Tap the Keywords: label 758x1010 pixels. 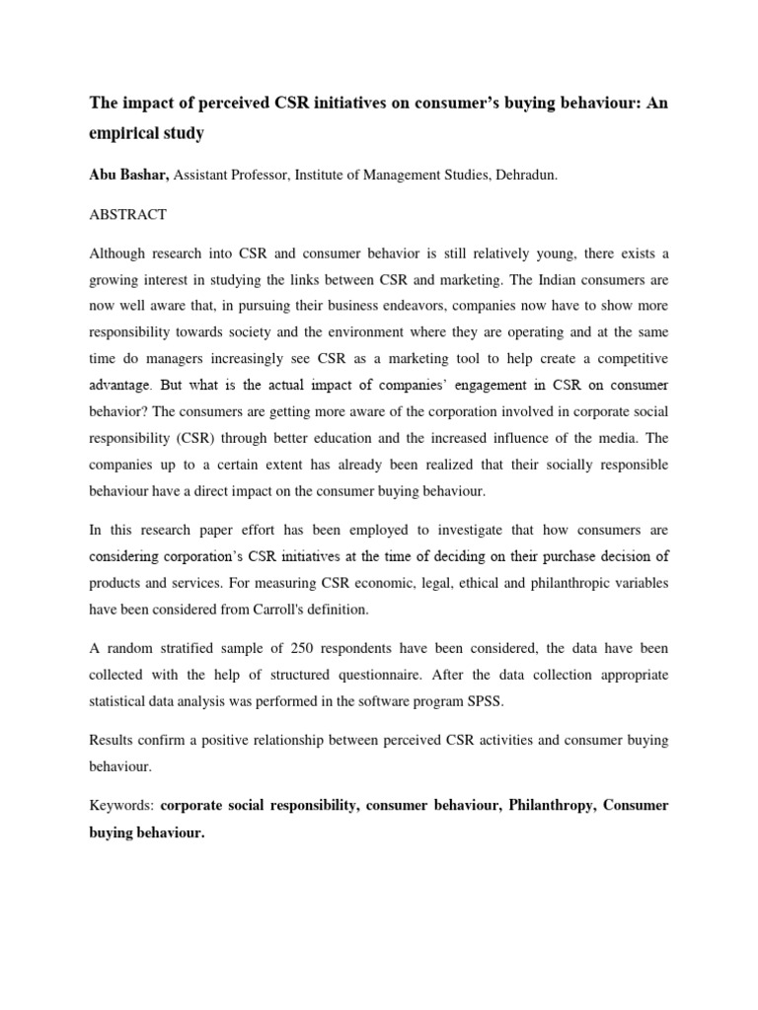pyautogui.click(x=121, y=806)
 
